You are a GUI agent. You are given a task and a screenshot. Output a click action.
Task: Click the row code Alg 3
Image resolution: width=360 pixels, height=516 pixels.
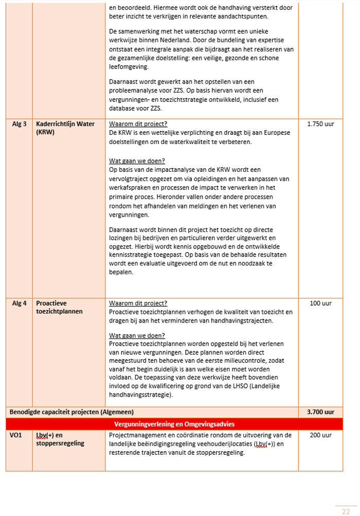point(19,124)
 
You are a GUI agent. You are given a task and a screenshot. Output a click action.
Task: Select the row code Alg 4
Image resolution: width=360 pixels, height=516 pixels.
point(19,304)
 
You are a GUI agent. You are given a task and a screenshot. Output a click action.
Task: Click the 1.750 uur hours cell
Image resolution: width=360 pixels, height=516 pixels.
point(320,124)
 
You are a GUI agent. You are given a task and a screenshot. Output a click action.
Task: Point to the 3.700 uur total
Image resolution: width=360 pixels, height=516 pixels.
point(320,412)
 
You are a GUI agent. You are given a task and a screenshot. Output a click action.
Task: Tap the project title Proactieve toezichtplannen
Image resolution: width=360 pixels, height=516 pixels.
point(60,308)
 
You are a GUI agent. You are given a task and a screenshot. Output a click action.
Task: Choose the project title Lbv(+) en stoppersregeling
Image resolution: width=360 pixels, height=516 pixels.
point(60,439)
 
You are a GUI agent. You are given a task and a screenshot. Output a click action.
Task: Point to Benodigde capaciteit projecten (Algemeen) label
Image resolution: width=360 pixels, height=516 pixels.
point(72,412)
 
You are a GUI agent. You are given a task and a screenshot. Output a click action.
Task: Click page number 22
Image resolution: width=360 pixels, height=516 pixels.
point(346,511)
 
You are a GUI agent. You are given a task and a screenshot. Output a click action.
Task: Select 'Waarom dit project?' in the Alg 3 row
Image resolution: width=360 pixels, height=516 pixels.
point(138,124)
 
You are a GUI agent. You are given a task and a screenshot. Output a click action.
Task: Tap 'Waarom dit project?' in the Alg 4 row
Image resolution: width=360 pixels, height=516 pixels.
point(138,304)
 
